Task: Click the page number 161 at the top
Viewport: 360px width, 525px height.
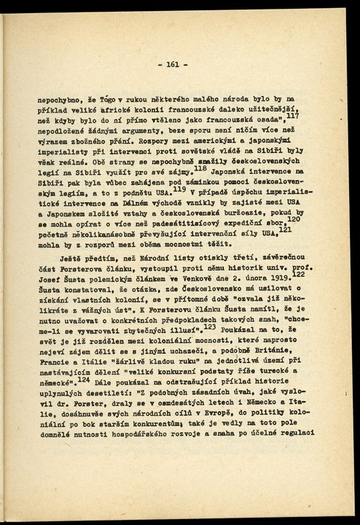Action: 177,64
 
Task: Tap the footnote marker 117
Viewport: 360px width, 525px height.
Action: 292,115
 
